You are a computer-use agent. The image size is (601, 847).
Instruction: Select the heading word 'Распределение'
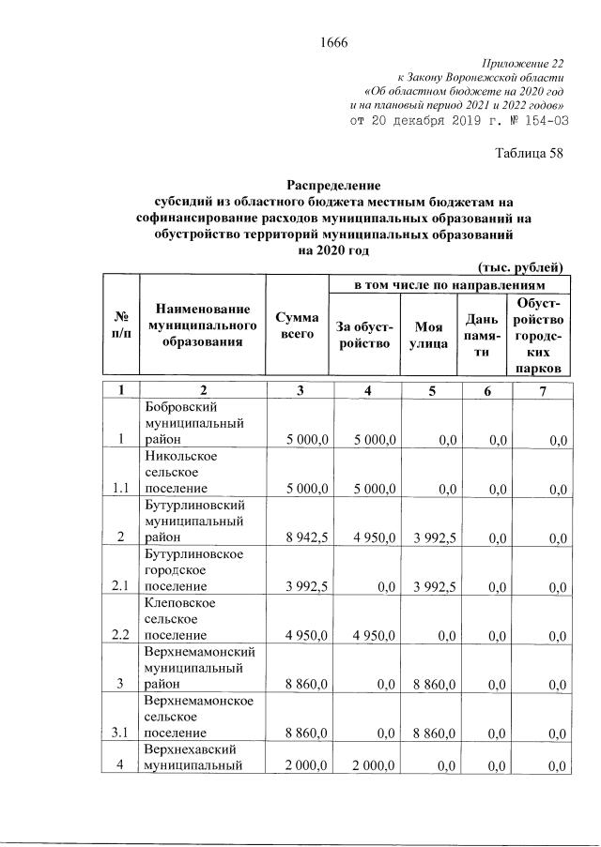click(333, 186)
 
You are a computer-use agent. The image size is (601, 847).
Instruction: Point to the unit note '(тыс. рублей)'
click(520, 265)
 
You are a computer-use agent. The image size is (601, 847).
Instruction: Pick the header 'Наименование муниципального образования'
click(202, 325)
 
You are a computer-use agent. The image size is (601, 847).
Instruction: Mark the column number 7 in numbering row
click(541, 391)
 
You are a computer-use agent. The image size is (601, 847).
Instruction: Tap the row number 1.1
click(119, 488)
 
